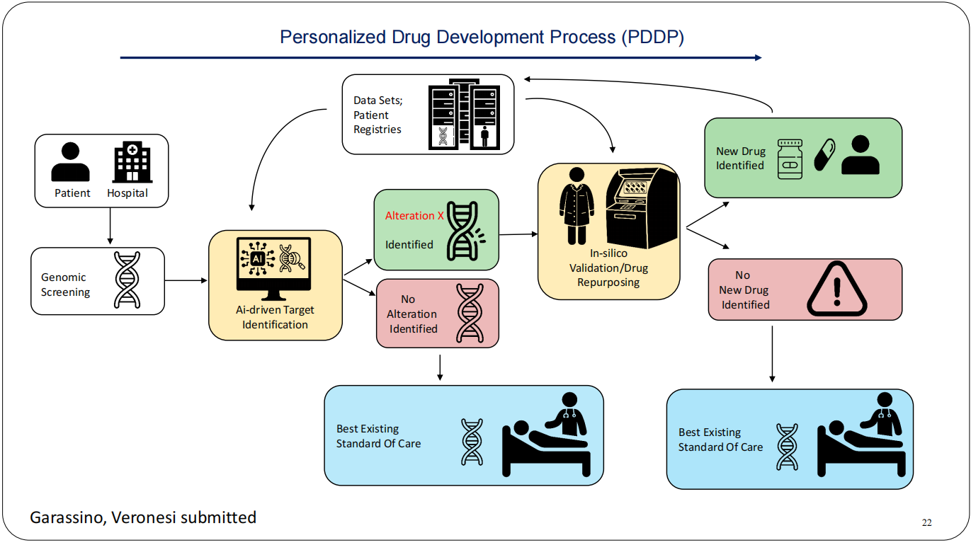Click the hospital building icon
[x=132, y=162]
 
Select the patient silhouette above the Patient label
[x=71, y=162]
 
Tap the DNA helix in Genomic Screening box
[x=127, y=280]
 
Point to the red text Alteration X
[x=414, y=216]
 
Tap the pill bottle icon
[x=790, y=159]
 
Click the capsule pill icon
[x=824, y=154]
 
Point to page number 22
[x=927, y=523]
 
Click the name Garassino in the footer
[x=67, y=517]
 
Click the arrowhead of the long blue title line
[x=758, y=57]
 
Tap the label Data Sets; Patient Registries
[x=377, y=115]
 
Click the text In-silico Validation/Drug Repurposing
[x=608, y=268]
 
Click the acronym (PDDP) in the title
[x=652, y=37]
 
